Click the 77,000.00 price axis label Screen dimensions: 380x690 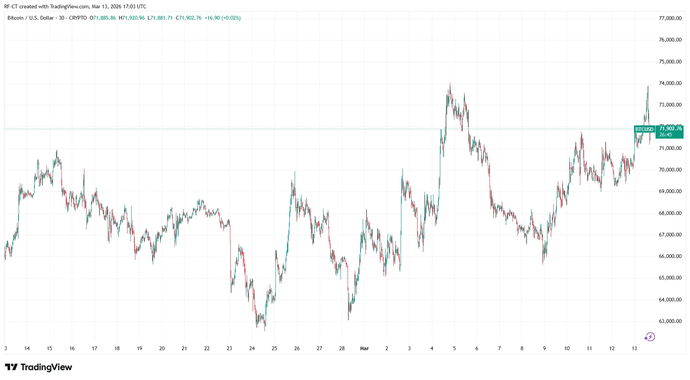pos(670,18)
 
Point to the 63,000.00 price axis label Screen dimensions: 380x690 pos(670,321)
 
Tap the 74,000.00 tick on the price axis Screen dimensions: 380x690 pos(670,83)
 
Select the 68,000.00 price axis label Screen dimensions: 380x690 pos(670,213)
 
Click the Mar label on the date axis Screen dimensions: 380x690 pos(364,348)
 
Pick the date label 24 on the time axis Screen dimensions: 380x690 pos(252,348)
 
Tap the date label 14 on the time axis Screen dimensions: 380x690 pos(27,348)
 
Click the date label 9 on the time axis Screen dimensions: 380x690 pos(544,348)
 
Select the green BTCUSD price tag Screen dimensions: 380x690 pos(644,129)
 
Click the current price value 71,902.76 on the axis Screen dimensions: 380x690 pos(670,129)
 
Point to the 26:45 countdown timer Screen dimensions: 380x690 pos(666,135)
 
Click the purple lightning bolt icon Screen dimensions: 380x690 pos(650,337)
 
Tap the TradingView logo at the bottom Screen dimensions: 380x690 pos(38,367)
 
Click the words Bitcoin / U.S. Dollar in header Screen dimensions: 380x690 pos(31,18)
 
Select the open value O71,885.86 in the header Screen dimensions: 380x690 pos(103,18)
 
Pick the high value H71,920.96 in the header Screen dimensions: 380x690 pos(132,18)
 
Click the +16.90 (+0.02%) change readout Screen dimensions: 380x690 pos(222,18)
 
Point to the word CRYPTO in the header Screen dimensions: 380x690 pos(78,18)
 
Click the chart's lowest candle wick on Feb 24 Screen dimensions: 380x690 pos(264,329)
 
